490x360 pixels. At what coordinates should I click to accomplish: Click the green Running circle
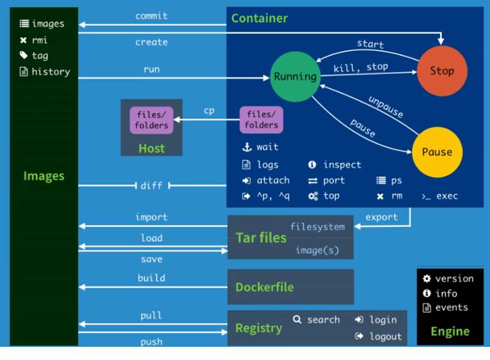[x=294, y=76]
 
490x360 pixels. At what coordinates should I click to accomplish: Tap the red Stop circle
[x=442, y=71]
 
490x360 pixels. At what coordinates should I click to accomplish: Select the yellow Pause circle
[x=437, y=152]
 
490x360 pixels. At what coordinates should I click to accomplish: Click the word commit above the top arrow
[x=151, y=16]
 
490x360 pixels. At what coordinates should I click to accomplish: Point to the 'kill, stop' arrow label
[x=360, y=67]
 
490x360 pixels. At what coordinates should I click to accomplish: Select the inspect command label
[x=342, y=164]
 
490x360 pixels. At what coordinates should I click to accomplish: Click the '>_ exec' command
[x=440, y=196]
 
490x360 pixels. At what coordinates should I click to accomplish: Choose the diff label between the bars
[x=151, y=185]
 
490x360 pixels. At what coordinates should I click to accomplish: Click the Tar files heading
[x=261, y=238]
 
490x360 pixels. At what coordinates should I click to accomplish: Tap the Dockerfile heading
[x=264, y=287]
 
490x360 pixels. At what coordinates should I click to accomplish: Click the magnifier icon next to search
[x=297, y=320]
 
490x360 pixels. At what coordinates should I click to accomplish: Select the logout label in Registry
[x=385, y=336]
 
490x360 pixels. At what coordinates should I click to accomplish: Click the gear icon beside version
[x=426, y=278]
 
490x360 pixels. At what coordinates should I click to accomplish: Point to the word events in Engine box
[x=452, y=307]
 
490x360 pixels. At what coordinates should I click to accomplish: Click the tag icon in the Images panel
[x=23, y=56]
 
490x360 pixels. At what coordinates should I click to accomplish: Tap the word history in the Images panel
[x=50, y=71]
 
